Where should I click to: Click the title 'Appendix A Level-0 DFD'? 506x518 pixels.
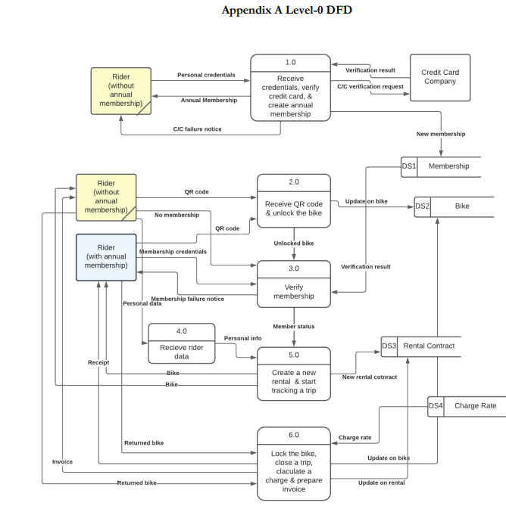coord(286,10)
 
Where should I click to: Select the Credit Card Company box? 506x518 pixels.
coord(439,77)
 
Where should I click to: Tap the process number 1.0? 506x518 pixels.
coord(291,62)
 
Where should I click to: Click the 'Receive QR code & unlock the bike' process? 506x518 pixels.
coord(294,208)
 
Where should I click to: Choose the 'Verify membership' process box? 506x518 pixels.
coord(294,291)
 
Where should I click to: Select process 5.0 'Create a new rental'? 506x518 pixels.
coord(294,376)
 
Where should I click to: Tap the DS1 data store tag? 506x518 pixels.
coord(409,166)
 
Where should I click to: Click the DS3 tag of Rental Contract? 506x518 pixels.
coord(389,346)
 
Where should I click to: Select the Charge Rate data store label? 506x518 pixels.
coord(475,406)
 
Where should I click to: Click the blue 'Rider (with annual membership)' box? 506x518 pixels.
coord(106,257)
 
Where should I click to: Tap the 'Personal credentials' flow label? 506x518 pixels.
coord(206,75)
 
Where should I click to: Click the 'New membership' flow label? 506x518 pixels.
coord(441,134)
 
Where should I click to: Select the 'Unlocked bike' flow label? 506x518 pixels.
coord(294,243)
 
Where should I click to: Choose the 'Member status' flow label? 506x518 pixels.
coord(294,326)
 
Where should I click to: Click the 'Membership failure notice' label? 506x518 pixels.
coord(187,299)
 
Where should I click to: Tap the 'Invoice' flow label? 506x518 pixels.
coord(62,461)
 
